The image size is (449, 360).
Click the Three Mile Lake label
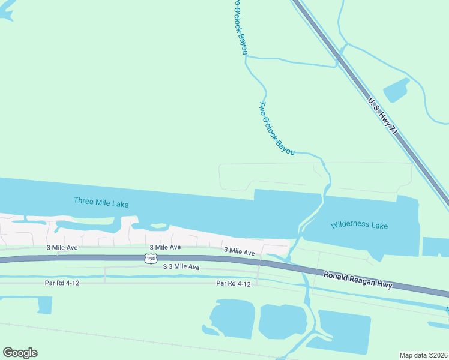pyautogui.click(x=101, y=202)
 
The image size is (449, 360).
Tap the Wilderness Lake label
pyautogui.click(x=359, y=226)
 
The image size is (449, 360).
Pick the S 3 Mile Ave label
pyautogui.click(x=181, y=266)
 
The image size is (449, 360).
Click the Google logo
pyautogui.click(x=20, y=353)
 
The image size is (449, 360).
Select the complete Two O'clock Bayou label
pyautogui.click(x=276, y=128)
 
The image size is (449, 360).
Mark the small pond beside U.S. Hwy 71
pyautogui.click(x=397, y=90)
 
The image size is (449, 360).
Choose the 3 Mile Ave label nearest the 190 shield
pyautogui.click(x=165, y=247)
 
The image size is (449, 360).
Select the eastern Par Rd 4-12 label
pyautogui.click(x=234, y=283)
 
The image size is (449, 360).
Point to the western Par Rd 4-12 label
pyautogui.click(x=62, y=282)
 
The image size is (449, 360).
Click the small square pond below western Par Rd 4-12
pyautogui.click(x=44, y=304)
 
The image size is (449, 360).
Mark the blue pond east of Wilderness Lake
pyautogui.click(x=436, y=247)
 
